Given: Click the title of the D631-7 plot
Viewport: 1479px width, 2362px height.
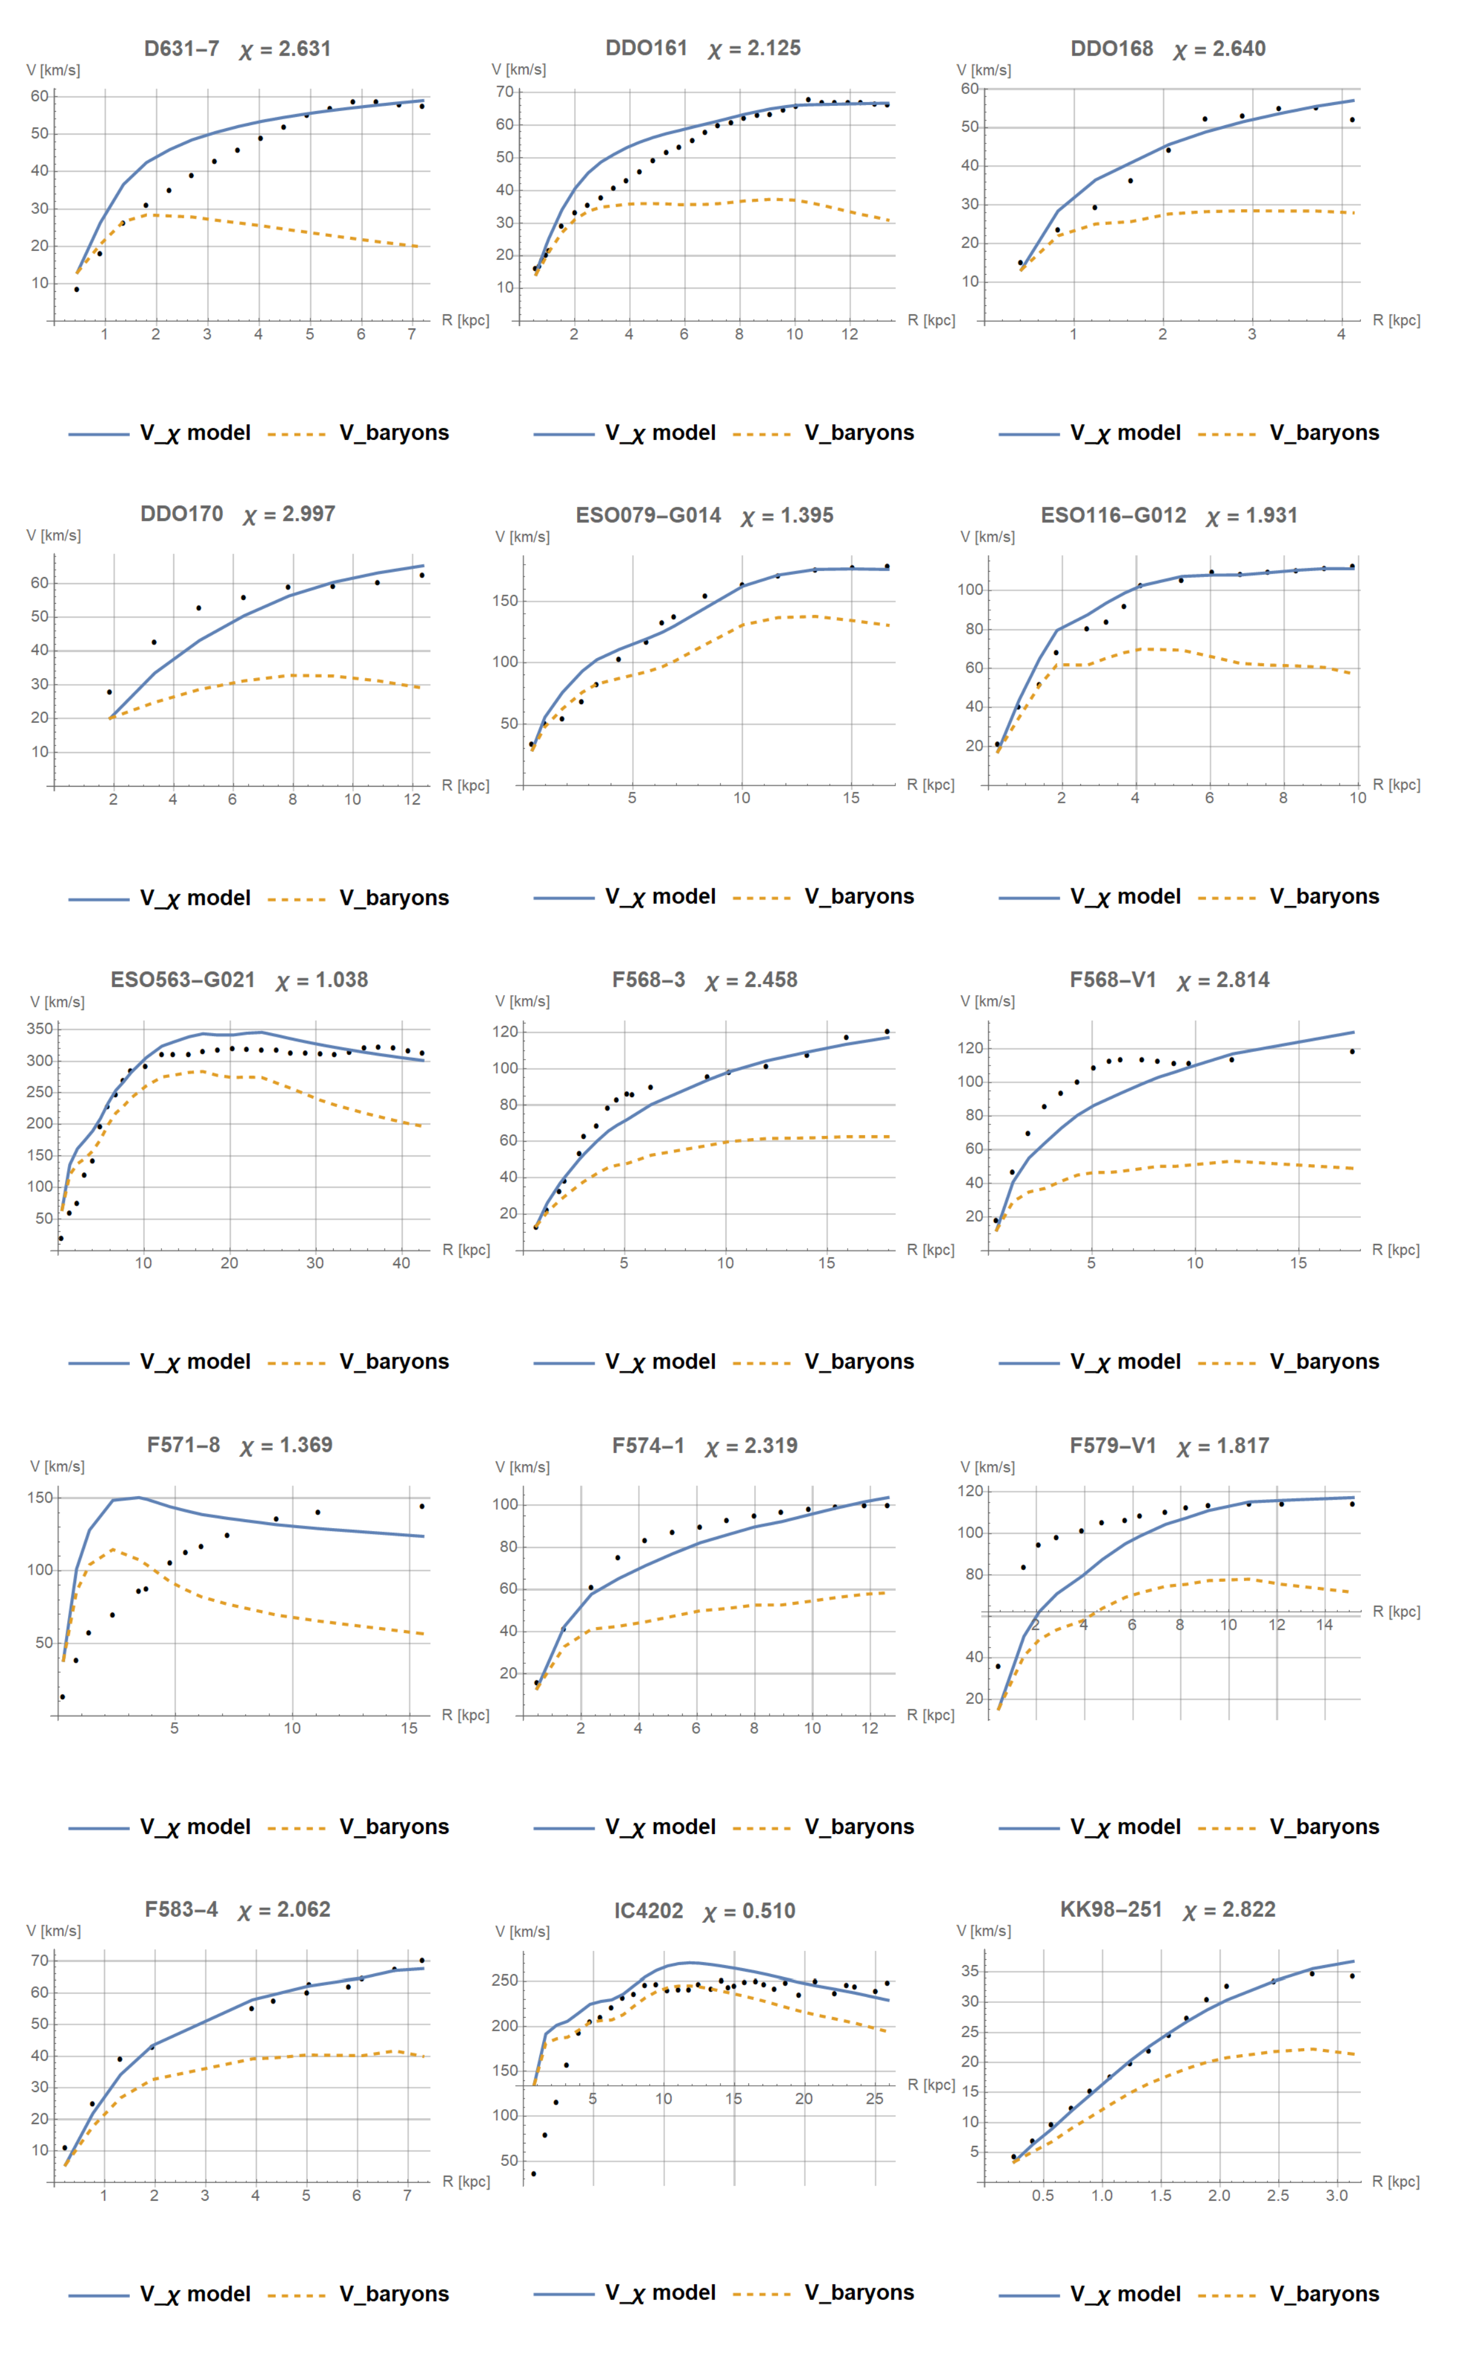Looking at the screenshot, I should pos(182,49).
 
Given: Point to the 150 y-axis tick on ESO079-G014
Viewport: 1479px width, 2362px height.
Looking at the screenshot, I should pos(505,601).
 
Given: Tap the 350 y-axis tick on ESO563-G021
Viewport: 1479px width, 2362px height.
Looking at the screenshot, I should pos(40,1029).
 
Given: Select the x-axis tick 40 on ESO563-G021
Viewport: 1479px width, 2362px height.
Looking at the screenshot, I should pos(401,1263).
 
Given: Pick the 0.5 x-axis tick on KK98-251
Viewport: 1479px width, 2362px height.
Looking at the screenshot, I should pos(1043,2195).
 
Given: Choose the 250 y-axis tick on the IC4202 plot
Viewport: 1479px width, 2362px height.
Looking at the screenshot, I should pos(505,1980).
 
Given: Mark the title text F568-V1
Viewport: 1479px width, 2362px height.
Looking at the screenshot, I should pos(1112,980).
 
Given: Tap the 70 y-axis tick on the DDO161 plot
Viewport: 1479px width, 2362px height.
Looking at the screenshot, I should pos(505,92).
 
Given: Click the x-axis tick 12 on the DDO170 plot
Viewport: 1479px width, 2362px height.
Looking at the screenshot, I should pos(412,799).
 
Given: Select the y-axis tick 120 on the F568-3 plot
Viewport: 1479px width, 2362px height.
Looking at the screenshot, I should pos(505,1032).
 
